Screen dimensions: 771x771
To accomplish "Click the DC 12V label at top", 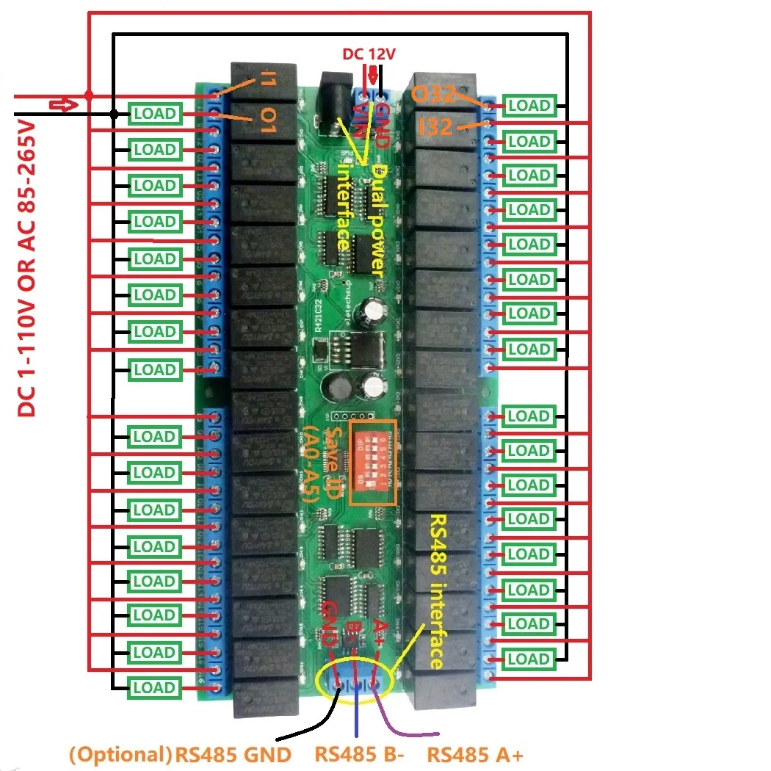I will pyautogui.click(x=370, y=54).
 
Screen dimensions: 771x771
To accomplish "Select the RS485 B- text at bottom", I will pyautogui.click(x=358, y=755).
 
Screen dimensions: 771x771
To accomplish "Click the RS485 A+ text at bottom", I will pyautogui.click(x=476, y=755).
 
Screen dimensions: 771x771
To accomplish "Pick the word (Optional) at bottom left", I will pyautogui.click(x=120, y=755).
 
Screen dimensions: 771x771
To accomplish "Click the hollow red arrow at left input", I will pyautogui.click(x=65, y=105).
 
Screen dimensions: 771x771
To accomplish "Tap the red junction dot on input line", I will pyautogui.click(x=89, y=95).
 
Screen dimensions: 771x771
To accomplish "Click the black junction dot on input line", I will pyautogui.click(x=114, y=114).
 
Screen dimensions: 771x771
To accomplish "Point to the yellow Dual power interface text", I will pyautogui.click(x=360, y=213).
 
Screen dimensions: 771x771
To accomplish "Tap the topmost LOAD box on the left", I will pyautogui.click(x=154, y=114).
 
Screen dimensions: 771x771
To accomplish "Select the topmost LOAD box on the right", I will pyautogui.click(x=529, y=105).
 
